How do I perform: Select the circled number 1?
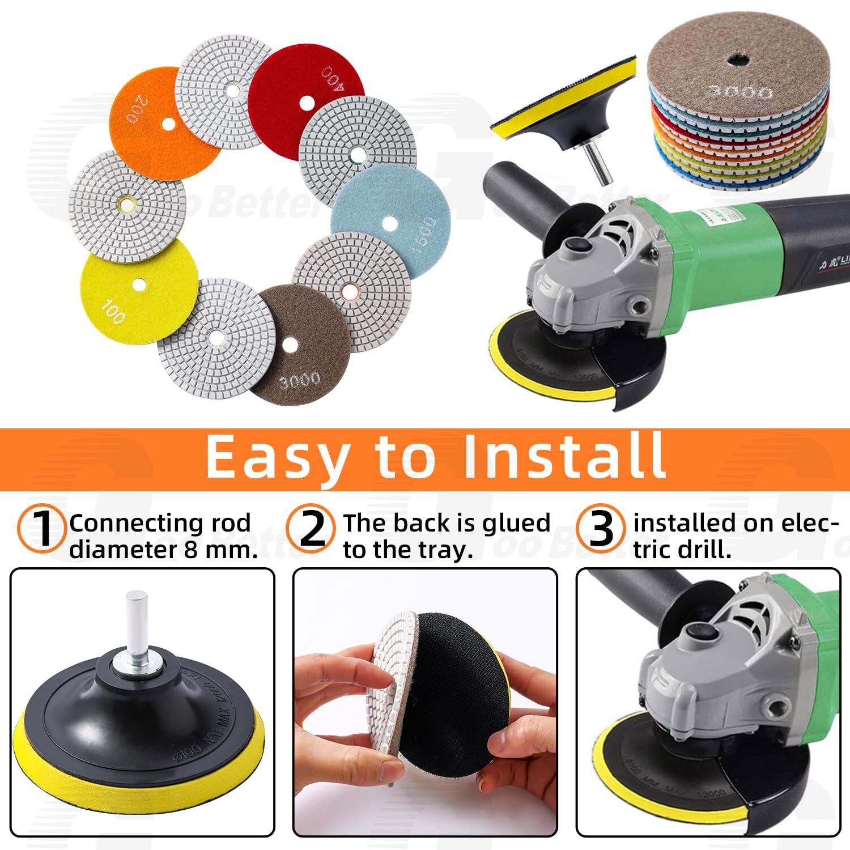(x=43, y=529)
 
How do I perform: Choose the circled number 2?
(x=312, y=529)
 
